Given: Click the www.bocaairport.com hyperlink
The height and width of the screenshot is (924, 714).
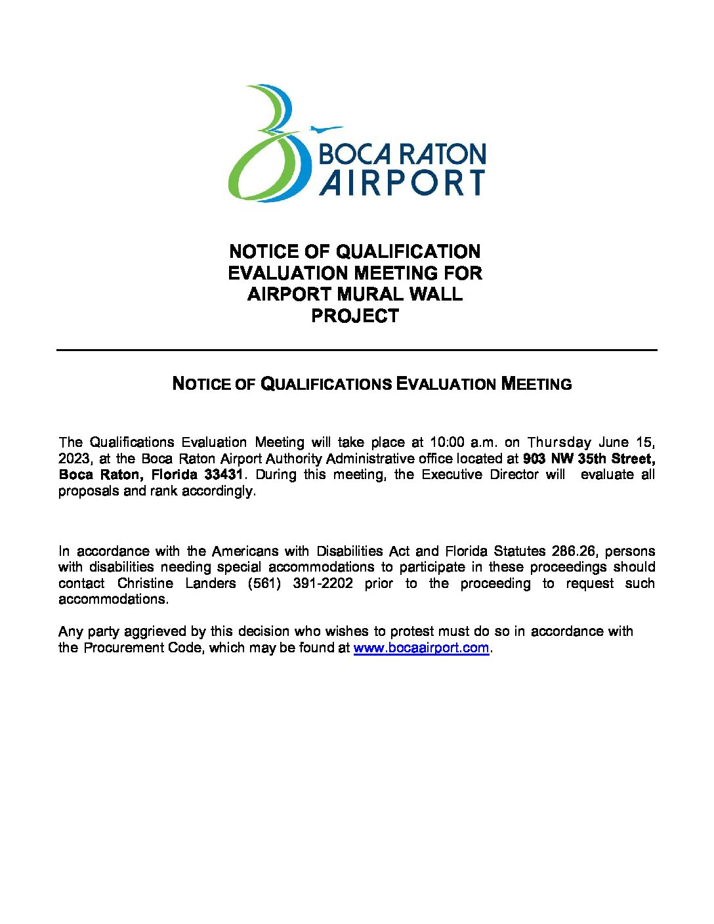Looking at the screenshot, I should coord(421,648).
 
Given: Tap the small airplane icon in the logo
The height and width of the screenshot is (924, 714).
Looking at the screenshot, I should coord(325,129).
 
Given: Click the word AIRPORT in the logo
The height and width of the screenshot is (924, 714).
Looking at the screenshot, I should coord(402,182).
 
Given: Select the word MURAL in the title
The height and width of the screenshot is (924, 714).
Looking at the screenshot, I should coord(366,294).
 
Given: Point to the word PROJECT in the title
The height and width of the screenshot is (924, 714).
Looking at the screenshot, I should coord(355,316).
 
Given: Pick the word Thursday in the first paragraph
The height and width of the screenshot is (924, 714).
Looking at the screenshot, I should coord(559,442).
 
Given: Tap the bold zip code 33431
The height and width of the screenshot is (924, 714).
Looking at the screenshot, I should coord(224,474).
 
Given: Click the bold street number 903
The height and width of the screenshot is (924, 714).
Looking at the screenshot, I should coord(535,459).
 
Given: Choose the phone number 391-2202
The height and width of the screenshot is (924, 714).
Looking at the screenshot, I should coord(323,583).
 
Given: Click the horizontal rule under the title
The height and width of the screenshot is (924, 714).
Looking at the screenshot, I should coord(356,350).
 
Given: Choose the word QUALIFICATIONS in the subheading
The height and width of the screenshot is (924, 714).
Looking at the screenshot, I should coord(326,384).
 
